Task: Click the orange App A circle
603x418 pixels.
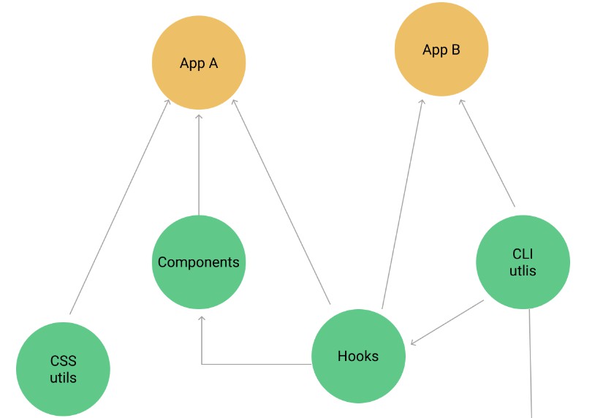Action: tap(199, 63)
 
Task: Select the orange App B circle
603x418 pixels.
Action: tap(441, 50)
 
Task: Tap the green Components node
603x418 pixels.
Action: tap(199, 262)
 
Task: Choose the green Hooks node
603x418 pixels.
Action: tap(358, 356)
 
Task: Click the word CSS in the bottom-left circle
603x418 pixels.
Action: tap(63, 361)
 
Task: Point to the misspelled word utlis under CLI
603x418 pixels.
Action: tap(523, 270)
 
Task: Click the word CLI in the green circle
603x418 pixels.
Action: tap(523, 254)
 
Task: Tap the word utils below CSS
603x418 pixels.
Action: tap(63, 378)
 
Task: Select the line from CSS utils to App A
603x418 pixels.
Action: tap(120, 208)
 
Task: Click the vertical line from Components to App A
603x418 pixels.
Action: tap(199, 164)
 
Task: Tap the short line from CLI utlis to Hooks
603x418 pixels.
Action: tap(447, 322)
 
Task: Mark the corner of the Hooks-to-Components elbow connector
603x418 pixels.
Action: tap(202, 363)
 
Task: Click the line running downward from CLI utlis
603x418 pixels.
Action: tap(531, 365)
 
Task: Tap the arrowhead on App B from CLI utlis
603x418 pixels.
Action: tap(460, 102)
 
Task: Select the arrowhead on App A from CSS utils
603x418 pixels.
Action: tap(168, 102)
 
